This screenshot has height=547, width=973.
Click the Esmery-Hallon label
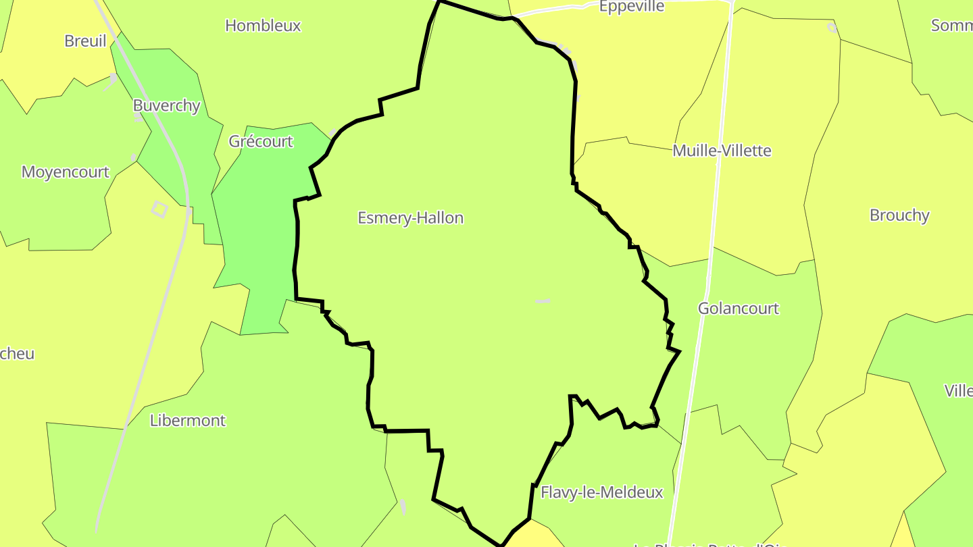pyautogui.click(x=410, y=218)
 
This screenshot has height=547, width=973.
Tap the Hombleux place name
pyautogui.click(x=263, y=26)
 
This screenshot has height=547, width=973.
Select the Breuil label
pyautogui.click(x=85, y=41)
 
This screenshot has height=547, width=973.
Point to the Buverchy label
pyautogui.click(x=166, y=106)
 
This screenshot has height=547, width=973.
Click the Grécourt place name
pyautogui.click(x=261, y=142)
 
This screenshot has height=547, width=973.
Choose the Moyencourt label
pyautogui.click(x=65, y=172)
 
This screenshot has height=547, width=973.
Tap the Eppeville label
pyautogui.click(x=632, y=7)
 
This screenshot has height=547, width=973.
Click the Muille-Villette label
pyautogui.click(x=722, y=151)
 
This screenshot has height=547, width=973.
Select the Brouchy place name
pyautogui.click(x=899, y=215)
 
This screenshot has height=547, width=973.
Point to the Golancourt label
pyautogui.click(x=738, y=309)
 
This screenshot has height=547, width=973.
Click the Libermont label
pyautogui.click(x=187, y=421)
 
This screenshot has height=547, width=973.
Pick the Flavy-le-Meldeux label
pyautogui.click(x=601, y=492)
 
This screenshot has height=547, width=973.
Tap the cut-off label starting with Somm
pyautogui.click(x=951, y=26)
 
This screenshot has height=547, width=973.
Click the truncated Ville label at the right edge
pyautogui.click(x=958, y=391)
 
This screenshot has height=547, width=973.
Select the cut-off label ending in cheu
pyautogui.click(x=17, y=354)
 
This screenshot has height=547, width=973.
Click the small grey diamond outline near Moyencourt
pyautogui.click(x=159, y=209)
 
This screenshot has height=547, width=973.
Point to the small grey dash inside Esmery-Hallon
pyautogui.click(x=543, y=301)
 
